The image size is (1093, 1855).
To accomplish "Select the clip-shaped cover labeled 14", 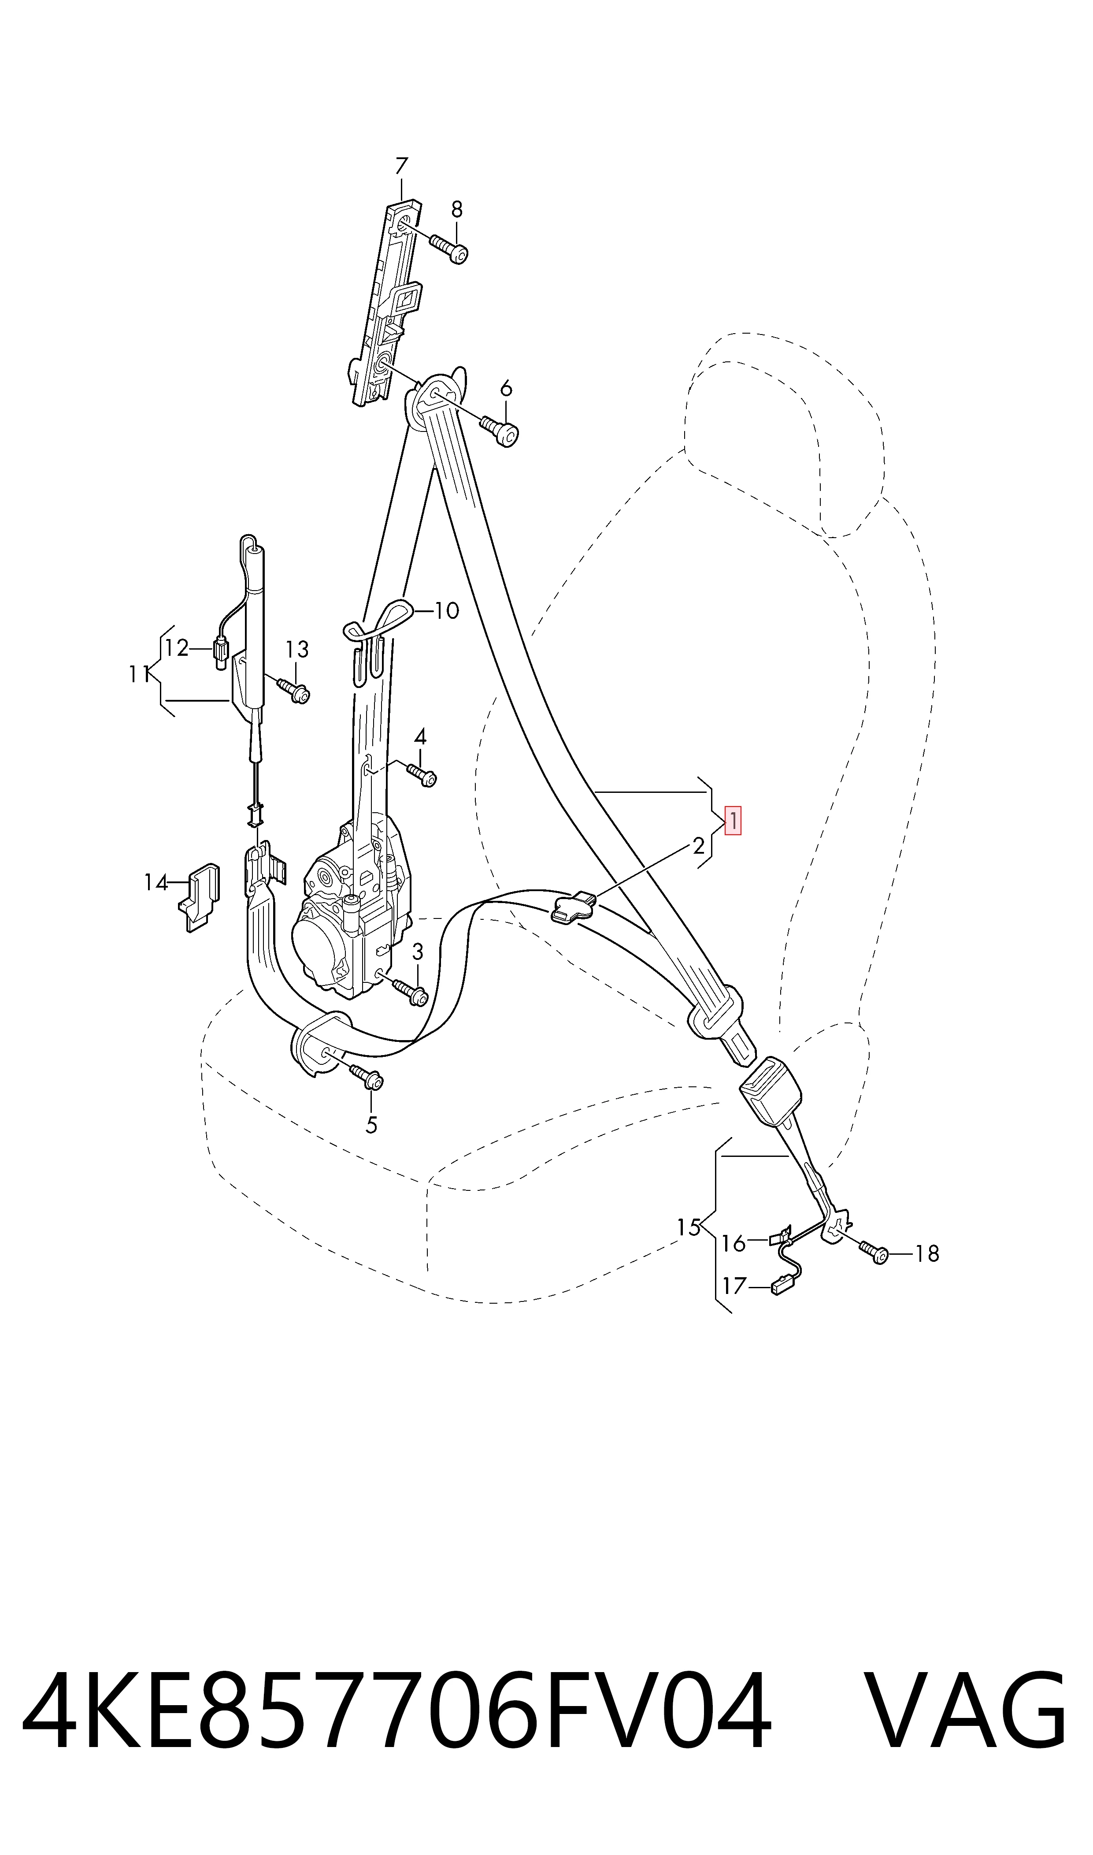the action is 199,896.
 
